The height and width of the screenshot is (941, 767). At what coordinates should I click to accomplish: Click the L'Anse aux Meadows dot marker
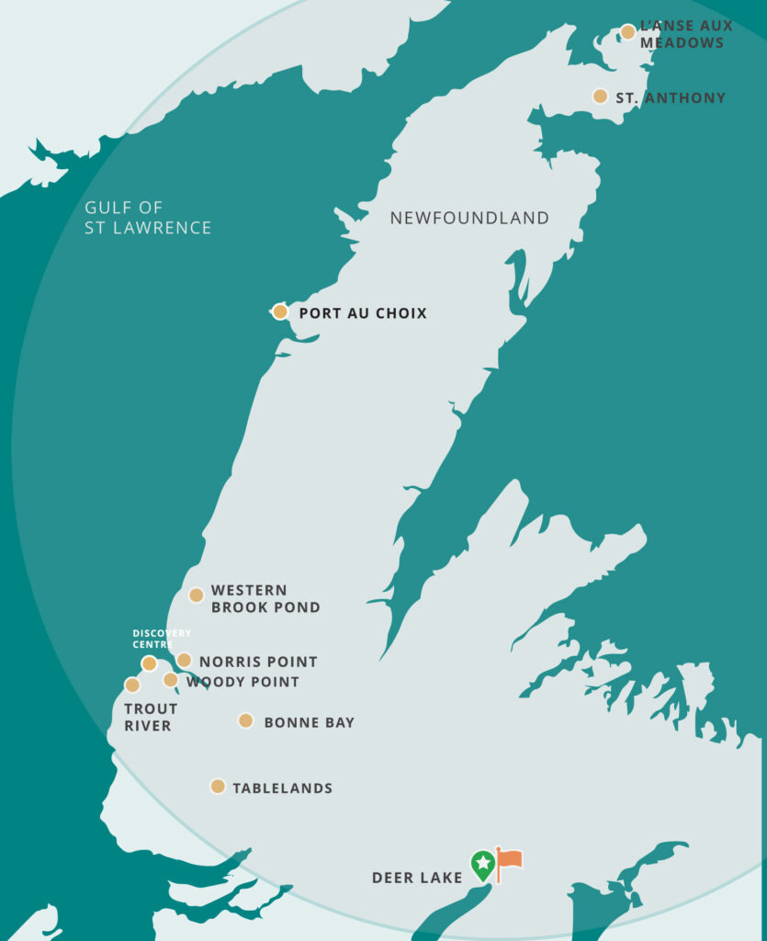coord(627,32)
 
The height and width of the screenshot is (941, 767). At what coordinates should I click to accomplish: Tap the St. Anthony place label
coord(671,97)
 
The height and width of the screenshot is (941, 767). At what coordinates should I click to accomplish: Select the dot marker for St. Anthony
coord(600,96)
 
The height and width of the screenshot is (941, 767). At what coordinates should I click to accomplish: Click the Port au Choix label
coord(363,313)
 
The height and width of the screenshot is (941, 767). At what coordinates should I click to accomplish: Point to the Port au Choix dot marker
coord(280,312)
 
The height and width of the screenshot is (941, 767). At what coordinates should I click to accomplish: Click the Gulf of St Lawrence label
coord(148,218)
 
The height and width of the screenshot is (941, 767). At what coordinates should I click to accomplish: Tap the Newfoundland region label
coord(469,218)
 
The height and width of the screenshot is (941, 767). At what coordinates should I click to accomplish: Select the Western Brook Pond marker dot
coord(196,595)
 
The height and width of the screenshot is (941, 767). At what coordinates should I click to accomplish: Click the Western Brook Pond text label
coord(265,598)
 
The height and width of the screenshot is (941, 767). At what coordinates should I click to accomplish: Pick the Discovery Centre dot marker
coord(149,663)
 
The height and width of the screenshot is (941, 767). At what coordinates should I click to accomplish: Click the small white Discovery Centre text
coord(162,639)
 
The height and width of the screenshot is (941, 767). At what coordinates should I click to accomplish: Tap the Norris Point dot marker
coord(184,660)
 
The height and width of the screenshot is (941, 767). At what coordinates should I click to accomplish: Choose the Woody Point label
coord(243,682)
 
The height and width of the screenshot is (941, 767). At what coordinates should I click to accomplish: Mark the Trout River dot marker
coord(132,685)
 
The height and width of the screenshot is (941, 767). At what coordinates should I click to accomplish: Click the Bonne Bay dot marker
coord(245,720)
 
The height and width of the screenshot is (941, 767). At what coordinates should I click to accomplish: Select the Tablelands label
coord(282,788)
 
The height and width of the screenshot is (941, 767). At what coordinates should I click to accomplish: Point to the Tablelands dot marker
coord(218,786)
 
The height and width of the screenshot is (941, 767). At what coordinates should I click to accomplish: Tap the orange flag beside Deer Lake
coord(509,860)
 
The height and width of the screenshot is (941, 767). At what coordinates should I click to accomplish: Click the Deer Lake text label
coord(417,878)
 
